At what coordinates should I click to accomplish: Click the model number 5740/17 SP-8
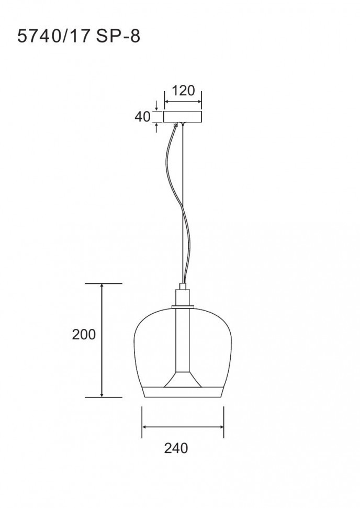[78, 36]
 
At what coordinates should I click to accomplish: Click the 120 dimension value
[183, 91]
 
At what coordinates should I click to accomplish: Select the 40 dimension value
[143, 117]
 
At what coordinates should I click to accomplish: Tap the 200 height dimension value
[84, 334]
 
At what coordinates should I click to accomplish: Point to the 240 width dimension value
[176, 448]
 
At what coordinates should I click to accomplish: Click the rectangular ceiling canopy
[183, 117]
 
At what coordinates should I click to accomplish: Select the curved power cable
[177, 204]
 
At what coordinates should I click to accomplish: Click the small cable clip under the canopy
[176, 125]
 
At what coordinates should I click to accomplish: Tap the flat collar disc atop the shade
[183, 306]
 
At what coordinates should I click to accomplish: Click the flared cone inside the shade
[183, 379]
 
